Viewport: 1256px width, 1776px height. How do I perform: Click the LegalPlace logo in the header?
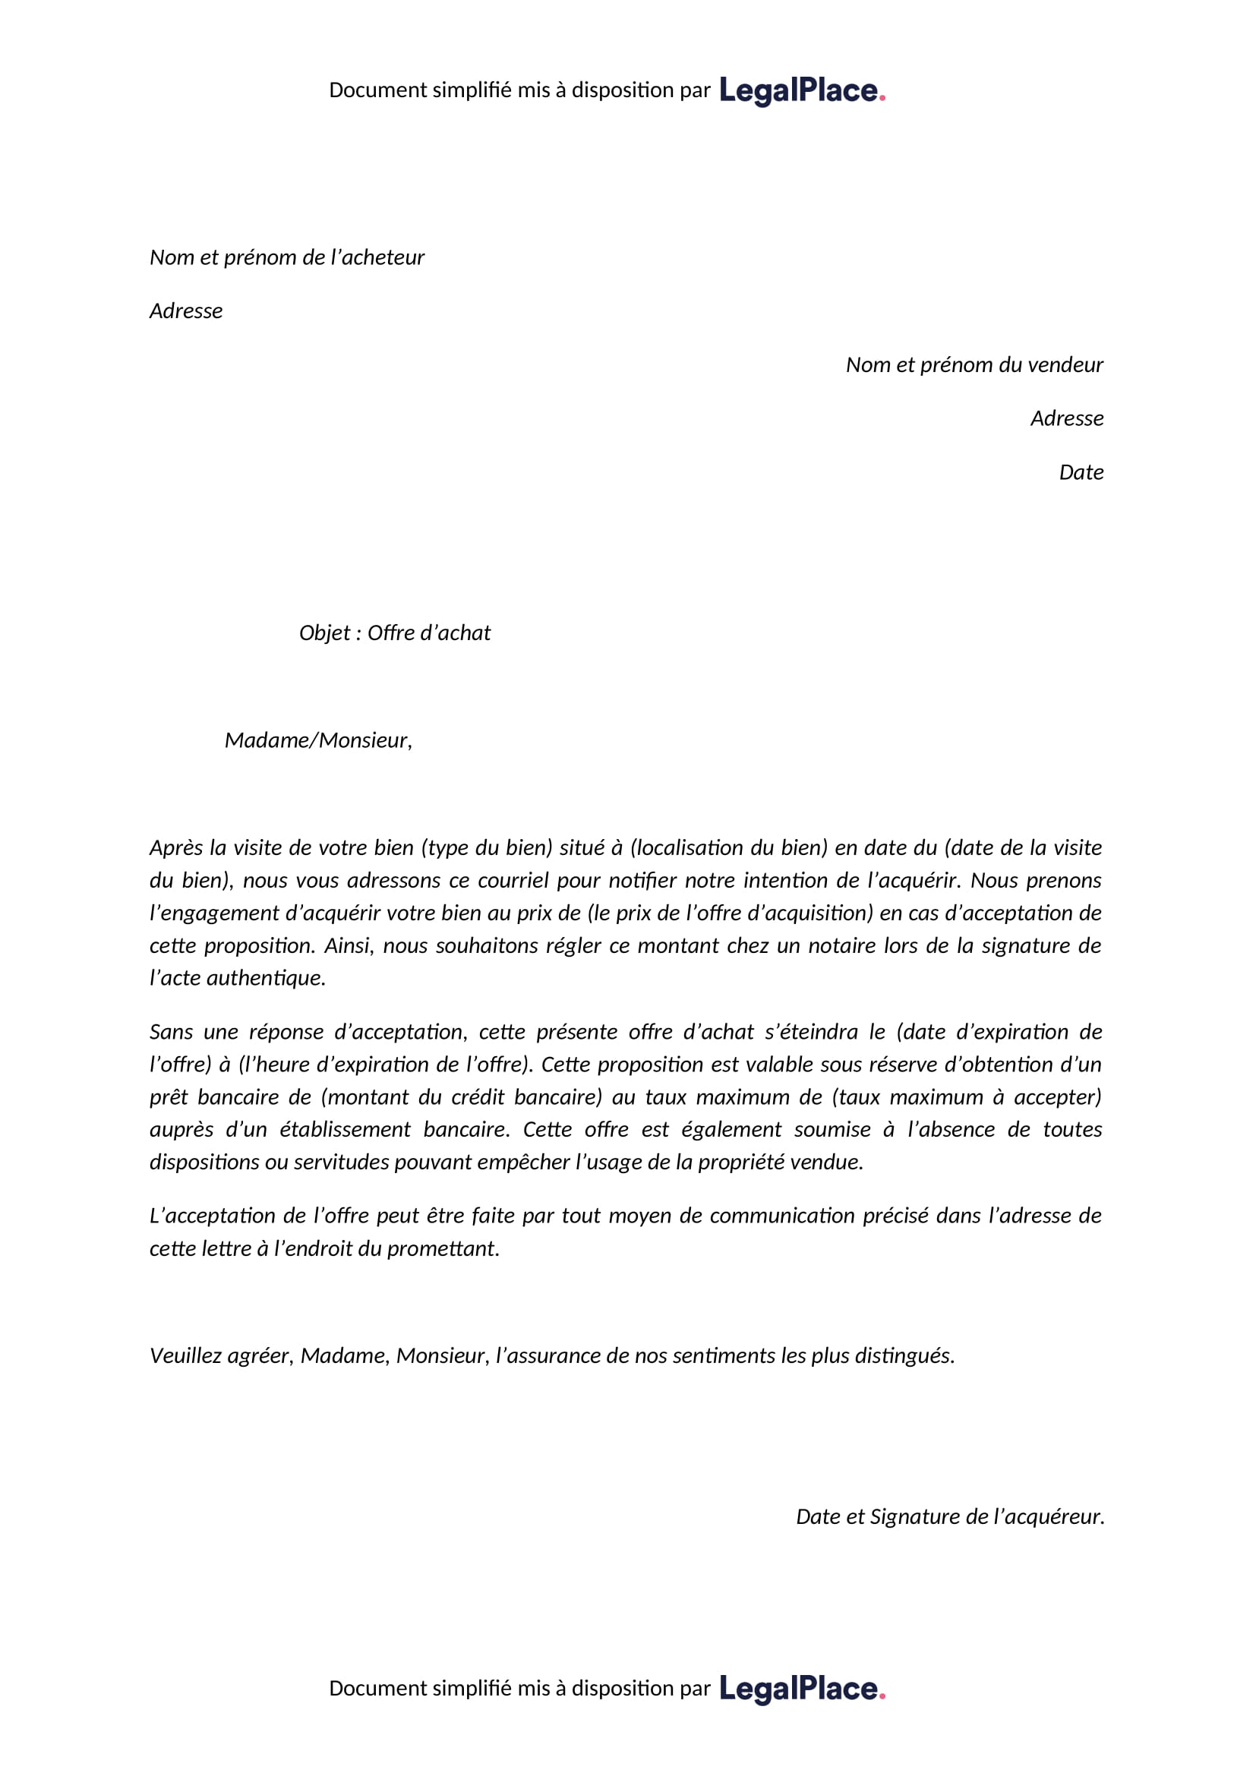tap(802, 90)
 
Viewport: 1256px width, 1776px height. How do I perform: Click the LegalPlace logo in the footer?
tap(802, 1689)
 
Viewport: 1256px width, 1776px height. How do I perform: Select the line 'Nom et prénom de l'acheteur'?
tap(287, 257)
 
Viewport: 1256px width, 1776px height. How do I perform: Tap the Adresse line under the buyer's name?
tap(185, 311)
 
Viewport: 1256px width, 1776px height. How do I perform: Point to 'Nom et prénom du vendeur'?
tap(974, 365)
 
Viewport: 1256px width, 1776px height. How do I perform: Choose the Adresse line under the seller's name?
tap(1066, 418)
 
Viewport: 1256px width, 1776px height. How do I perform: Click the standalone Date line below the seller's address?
tap(1081, 472)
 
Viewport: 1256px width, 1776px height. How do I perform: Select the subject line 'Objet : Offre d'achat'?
tap(394, 633)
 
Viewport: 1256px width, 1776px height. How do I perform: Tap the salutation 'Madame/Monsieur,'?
tap(318, 741)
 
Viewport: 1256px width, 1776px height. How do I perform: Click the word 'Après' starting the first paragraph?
tap(175, 849)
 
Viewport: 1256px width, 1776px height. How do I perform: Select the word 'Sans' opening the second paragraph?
tap(171, 1033)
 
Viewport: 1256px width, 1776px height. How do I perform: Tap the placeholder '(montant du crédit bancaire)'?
tap(462, 1098)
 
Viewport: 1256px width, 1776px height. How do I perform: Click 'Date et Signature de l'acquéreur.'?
tap(950, 1517)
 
